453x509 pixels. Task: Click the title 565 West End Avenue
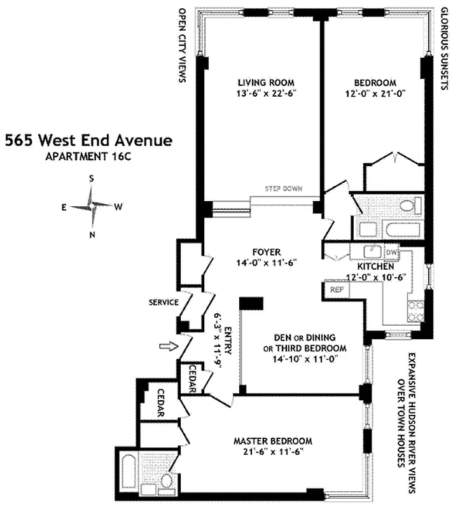(x=88, y=140)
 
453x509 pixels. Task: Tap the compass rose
(x=92, y=207)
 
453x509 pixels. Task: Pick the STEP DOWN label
(x=284, y=189)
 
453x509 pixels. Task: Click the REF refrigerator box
(x=337, y=289)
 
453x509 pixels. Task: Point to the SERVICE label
(x=163, y=302)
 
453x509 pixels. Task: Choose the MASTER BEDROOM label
(x=272, y=441)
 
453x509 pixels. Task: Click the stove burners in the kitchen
(x=416, y=312)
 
